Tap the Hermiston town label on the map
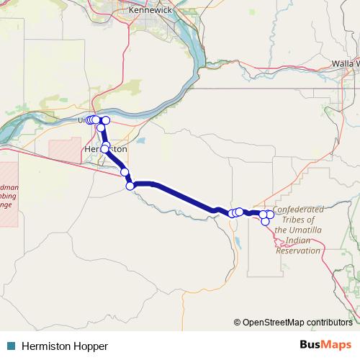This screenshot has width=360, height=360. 106,149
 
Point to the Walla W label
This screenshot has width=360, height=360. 345,63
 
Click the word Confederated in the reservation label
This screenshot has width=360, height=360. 298,209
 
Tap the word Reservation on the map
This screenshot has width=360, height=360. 298,251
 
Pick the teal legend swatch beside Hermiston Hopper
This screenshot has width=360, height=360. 11,346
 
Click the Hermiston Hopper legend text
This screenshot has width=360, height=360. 64,346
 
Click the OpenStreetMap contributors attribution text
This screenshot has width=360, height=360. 297,322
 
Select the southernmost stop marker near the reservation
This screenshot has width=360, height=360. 265,221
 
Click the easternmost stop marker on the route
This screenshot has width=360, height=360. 270,214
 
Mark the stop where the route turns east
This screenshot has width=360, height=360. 130,186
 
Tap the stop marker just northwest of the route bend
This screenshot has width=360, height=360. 125,172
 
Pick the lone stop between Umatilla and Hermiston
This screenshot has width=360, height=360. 101,127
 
